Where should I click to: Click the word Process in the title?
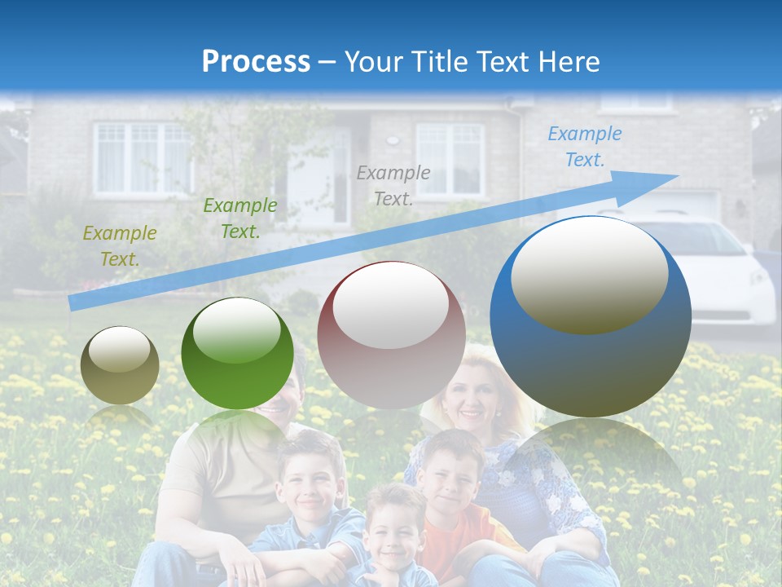pyautogui.click(x=256, y=61)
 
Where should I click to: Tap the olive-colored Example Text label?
pyautogui.click(x=120, y=246)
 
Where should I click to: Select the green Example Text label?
pyautogui.click(x=239, y=218)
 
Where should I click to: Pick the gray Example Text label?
pyautogui.click(x=393, y=185)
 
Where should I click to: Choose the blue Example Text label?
pyautogui.click(x=584, y=147)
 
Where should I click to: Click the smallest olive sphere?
pyautogui.click(x=120, y=364)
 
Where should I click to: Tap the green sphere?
pyautogui.click(x=237, y=353)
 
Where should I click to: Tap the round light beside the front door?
pyautogui.click(x=393, y=140)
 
